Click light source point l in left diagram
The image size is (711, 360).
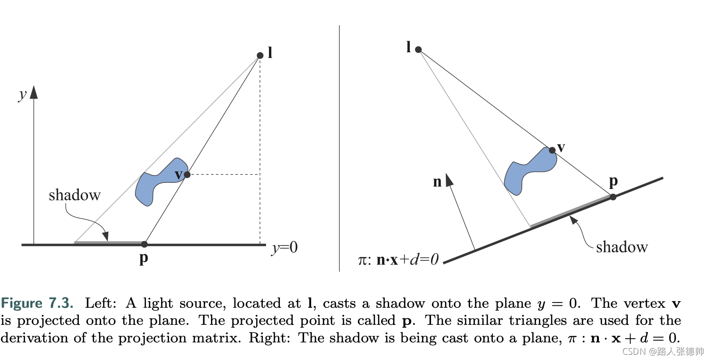click(x=260, y=56)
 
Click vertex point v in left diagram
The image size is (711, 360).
click(x=187, y=175)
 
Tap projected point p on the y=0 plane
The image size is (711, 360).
click(x=144, y=244)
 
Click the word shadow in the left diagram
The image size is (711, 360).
click(x=75, y=195)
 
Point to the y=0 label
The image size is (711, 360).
click(x=284, y=248)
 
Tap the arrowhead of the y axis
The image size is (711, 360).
click(x=34, y=92)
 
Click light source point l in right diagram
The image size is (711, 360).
click(x=418, y=49)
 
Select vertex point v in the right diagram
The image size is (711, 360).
click(x=552, y=150)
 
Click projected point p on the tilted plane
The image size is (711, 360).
click(x=613, y=197)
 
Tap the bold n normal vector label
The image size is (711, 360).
click(x=437, y=182)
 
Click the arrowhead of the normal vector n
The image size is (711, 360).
click(x=449, y=180)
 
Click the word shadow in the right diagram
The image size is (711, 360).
click(x=622, y=247)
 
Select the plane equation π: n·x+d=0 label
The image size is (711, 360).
click(x=398, y=260)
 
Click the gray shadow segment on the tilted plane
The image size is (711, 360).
click(x=570, y=211)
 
